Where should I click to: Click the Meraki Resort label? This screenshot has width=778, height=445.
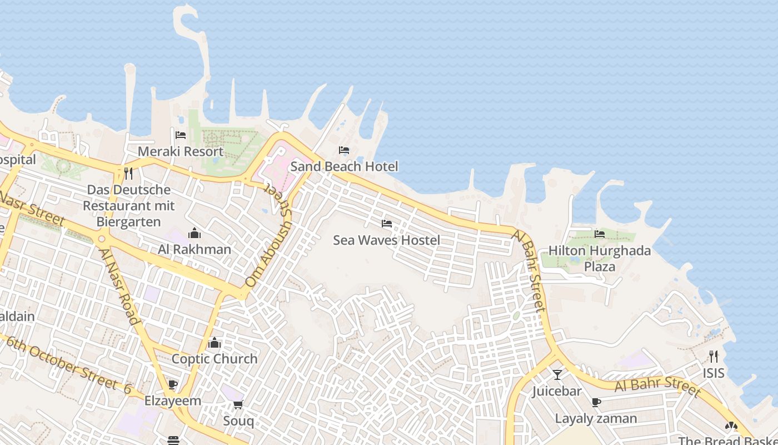181,151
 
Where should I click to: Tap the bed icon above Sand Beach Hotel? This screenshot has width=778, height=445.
344,150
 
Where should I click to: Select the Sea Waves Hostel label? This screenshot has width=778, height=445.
386,240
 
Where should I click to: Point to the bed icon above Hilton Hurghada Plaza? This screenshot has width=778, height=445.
599,234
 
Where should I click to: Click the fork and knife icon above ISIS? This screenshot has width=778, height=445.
714,357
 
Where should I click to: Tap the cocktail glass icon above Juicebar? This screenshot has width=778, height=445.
557,375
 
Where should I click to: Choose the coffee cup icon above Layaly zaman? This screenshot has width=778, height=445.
596,402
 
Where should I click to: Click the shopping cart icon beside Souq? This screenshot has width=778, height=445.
238,404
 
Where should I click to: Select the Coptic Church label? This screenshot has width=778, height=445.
215,359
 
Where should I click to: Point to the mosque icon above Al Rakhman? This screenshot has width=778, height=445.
194,233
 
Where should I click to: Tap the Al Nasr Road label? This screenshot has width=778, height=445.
119,286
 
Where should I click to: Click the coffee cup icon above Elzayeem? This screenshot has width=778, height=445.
173,384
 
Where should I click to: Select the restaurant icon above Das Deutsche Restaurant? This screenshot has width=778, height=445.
128,174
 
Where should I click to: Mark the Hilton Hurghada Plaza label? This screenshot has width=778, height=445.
600,258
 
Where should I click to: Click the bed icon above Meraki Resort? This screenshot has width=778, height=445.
181,135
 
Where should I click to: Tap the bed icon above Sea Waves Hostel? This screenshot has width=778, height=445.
387,224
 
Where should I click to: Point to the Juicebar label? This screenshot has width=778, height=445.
557,391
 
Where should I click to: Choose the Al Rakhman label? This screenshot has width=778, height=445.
194,249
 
